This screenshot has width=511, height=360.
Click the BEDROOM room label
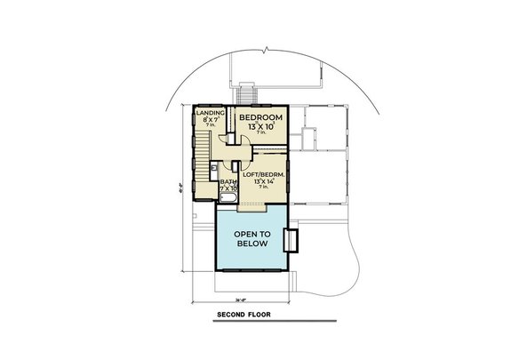pos(260,117)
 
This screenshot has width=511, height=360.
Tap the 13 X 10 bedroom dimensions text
pos(260,126)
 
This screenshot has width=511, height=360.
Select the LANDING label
pos(210,112)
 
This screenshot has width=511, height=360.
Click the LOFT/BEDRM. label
pos(263,174)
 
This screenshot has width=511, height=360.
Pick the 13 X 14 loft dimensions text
pos(263,181)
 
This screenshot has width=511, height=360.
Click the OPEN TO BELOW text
pos(252,238)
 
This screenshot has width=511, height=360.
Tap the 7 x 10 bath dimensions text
pos(228,188)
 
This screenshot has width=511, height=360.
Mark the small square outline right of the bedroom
pos(308,137)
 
